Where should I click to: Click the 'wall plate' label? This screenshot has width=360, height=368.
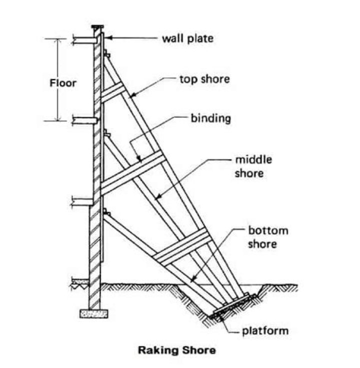186,38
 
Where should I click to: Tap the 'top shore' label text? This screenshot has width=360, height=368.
204,79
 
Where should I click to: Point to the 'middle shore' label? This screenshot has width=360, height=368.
253,167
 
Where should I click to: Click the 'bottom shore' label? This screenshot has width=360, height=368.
268,238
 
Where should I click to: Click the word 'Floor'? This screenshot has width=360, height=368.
63,83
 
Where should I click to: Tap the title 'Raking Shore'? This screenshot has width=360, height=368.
177,350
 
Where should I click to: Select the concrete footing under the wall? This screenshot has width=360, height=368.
94,314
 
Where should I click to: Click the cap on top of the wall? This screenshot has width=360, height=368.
97,27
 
